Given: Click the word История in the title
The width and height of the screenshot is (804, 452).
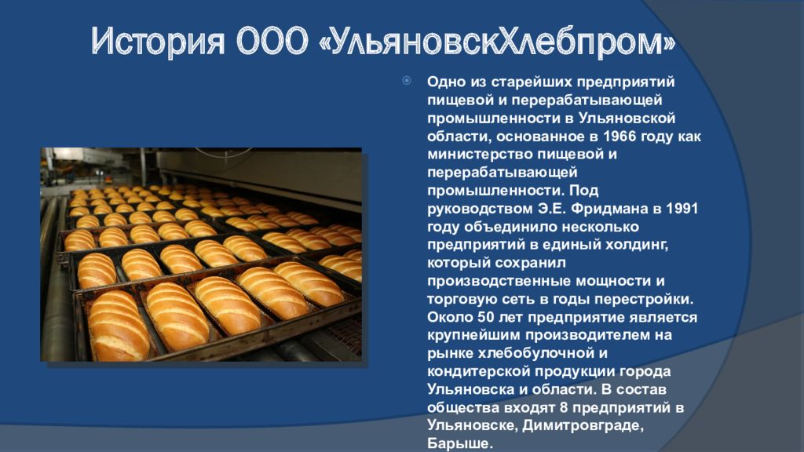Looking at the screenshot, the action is click(158, 41).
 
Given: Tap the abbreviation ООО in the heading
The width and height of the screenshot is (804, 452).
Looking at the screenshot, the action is click(272, 41).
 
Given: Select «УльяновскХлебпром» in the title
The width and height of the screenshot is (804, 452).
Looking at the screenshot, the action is click(497, 41).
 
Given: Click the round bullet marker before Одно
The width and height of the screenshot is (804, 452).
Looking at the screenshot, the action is click(407, 81).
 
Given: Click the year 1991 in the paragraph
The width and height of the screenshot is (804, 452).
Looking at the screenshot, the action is click(682, 209).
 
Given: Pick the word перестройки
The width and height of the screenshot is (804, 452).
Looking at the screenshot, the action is click(644, 299).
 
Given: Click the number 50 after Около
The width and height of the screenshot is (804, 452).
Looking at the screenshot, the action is click(485, 317).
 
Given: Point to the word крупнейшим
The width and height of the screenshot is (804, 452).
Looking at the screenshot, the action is click(472, 336).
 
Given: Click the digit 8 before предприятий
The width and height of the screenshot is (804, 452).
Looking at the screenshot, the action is click(562, 408).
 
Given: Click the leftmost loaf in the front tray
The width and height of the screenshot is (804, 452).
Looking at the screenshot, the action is click(118, 326).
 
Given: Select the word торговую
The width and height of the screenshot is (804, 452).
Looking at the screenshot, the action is click(462, 299).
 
